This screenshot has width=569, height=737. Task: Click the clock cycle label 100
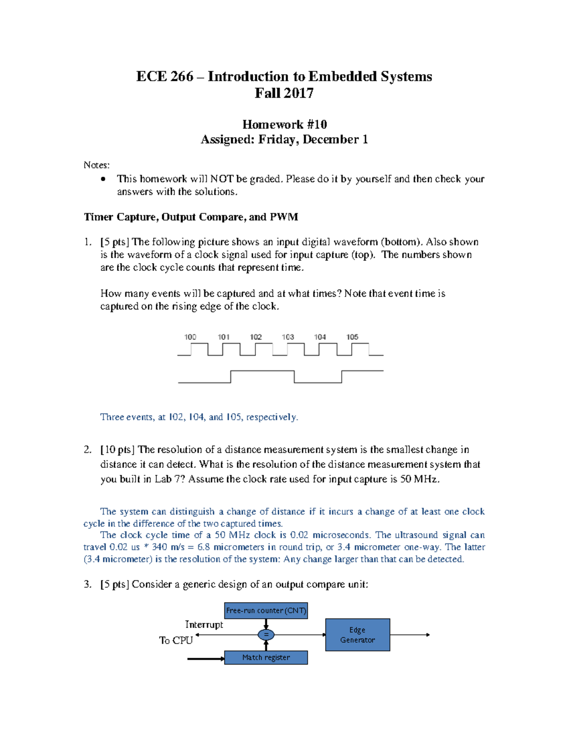(190, 337)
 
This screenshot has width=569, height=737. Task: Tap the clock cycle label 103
(288, 337)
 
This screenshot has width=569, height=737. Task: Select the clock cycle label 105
(352, 337)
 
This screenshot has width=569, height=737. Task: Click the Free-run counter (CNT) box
(266, 610)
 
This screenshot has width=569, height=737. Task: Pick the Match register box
(266, 657)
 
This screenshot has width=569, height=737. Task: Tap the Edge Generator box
(358, 634)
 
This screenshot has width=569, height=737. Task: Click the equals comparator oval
(266, 634)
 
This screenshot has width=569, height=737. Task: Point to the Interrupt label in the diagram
(204, 625)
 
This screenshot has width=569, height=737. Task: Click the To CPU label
(176, 641)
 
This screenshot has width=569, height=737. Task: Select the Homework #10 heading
(284, 124)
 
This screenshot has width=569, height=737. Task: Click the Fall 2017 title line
(284, 93)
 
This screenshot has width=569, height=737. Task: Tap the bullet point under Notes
(103, 179)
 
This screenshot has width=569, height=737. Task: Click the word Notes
(96, 165)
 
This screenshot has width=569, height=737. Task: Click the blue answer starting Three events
(199, 417)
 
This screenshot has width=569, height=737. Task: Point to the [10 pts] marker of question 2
(118, 449)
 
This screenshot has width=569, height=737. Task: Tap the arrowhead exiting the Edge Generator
(428, 634)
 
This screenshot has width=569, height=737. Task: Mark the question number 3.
(87, 584)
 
